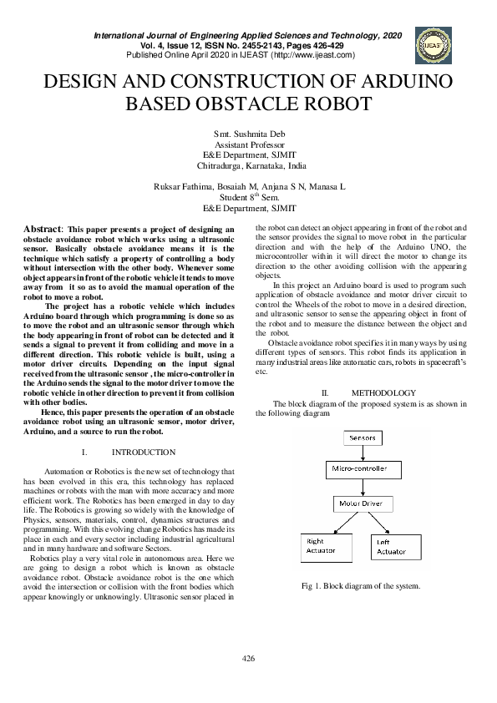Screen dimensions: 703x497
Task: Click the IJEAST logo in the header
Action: (x=434, y=46)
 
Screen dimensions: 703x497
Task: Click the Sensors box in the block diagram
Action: (x=362, y=437)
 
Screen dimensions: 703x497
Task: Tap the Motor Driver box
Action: (x=361, y=504)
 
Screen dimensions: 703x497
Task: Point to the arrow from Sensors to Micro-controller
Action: (x=362, y=453)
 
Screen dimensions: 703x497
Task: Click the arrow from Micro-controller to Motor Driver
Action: (x=362, y=488)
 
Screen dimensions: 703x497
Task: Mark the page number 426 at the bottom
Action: (x=248, y=659)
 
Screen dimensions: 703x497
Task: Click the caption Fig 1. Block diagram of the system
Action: (x=361, y=585)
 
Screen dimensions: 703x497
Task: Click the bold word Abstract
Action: (x=42, y=229)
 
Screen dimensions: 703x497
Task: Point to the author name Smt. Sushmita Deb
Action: (x=248, y=134)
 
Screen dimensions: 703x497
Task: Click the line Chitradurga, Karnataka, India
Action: (x=248, y=166)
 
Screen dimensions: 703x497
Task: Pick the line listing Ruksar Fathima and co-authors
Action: (x=248, y=187)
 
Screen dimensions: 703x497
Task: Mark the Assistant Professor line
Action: (x=248, y=144)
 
